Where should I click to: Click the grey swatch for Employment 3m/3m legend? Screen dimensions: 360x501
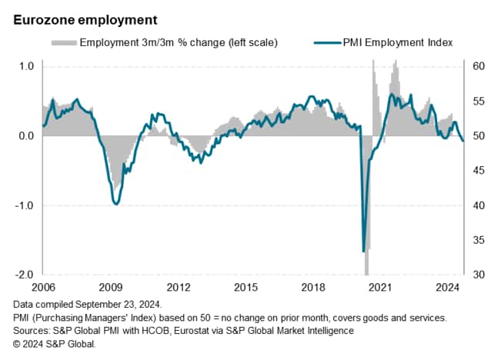(x=63, y=42)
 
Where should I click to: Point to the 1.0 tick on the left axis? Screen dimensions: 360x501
(x=26, y=66)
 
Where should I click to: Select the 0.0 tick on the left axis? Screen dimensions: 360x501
(x=26, y=136)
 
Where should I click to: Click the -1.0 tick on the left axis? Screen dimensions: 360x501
(x=25, y=205)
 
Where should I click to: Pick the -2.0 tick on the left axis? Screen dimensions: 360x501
(x=25, y=275)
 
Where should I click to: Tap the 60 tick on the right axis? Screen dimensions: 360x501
(x=478, y=66)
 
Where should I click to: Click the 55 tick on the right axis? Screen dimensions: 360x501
(x=478, y=102)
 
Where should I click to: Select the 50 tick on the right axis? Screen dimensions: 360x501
(x=478, y=136)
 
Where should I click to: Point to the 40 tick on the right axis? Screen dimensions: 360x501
(x=478, y=205)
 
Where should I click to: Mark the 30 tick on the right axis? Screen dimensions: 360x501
(x=478, y=275)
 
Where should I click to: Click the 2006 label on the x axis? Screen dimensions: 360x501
(x=43, y=288)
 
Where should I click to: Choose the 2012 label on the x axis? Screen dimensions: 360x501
(x=179, y=288)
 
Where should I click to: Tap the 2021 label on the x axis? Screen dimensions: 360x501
(x=380, y=288)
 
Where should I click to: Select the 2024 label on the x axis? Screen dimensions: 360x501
(x=448, y=288)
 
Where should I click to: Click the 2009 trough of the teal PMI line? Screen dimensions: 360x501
(x=115, y=203)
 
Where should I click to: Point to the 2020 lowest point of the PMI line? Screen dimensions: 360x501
(x=363, y=251)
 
